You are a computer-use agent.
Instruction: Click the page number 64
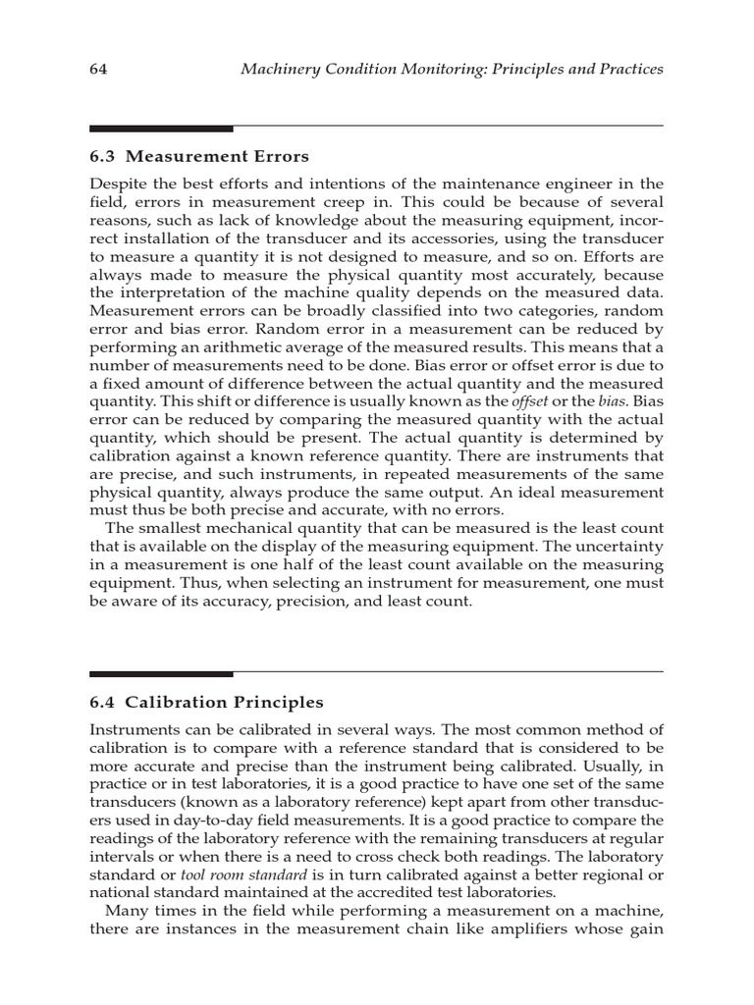click(98, 70)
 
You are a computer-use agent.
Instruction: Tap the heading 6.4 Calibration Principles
click(206, 702)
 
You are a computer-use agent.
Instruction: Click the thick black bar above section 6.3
click(161, 129)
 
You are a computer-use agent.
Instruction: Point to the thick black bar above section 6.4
click(161, 674)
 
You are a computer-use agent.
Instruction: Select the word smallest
click(168, 529)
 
